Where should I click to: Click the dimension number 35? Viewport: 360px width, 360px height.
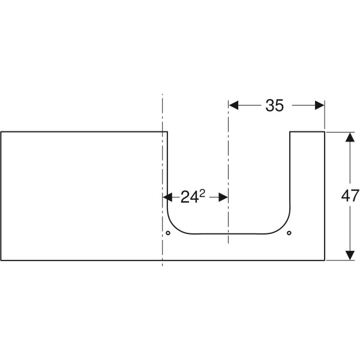[275, 106]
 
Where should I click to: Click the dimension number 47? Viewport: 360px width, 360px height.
[350, 196]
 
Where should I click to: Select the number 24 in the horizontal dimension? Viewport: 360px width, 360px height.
[190, 197]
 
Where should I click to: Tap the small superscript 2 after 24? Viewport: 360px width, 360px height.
[202, 194]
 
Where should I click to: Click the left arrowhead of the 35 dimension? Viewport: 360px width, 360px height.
[233, 106]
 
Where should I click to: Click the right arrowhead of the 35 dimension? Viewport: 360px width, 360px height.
[320, 106]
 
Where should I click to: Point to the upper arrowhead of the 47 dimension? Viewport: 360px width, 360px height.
[350, 137]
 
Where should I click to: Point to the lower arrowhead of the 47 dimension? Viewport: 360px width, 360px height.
[350, 256]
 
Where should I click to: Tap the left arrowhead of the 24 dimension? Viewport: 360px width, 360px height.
[167, 197]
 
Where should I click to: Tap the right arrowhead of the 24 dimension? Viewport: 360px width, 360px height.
[223, 197]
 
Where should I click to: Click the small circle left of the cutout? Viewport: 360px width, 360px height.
[168, 233]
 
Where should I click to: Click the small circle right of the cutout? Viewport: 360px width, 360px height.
[289, 233]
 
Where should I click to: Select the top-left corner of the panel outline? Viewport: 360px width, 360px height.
[1, 132]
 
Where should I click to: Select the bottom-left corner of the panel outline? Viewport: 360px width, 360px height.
[1, 260]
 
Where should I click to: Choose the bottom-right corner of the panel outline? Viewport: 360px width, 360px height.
[325, 260]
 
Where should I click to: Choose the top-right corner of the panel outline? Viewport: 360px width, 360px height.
[325, 132]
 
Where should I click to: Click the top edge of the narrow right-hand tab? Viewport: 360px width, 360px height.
[307, 132]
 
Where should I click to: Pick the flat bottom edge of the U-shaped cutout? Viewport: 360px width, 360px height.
[229, 234]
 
